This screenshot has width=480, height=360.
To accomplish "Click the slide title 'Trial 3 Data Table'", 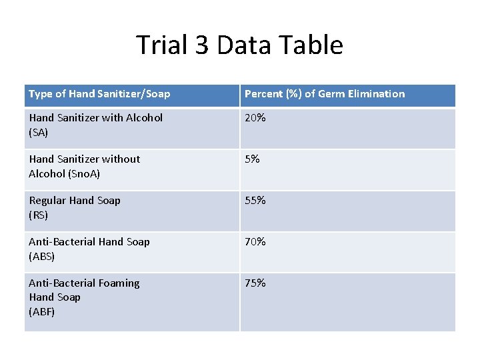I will pos(239,45).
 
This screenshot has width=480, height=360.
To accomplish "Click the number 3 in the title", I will pos(202,45).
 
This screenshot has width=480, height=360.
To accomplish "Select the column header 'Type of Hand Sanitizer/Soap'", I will pos(99,94).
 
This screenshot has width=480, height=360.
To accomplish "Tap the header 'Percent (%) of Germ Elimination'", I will pos(325,94).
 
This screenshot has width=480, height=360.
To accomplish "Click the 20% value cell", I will pos(255,118).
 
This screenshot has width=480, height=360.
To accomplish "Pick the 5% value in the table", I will pos(252,159).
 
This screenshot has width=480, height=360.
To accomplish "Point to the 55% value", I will pos(255,201).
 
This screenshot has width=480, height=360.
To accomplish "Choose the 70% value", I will pos(255,242).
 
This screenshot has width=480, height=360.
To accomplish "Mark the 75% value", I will pos(255,283).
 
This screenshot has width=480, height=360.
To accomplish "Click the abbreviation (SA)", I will pos(39,133).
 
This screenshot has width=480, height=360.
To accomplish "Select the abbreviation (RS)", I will pos(39,215).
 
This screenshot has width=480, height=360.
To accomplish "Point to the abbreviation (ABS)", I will pos(41,257).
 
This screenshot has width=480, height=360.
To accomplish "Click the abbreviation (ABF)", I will pos(41,311).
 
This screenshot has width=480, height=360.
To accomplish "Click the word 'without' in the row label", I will pos(121,159).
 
